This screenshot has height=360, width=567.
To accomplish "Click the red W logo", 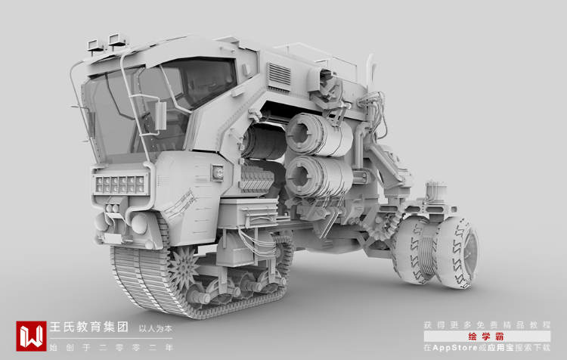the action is pos(31,336).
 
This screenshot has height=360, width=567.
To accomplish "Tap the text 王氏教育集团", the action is pos(89,327).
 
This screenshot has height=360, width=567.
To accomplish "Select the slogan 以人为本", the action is pos(156,329).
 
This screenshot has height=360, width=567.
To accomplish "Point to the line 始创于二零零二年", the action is pos(111,348).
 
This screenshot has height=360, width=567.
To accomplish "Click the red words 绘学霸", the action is pos(486,337).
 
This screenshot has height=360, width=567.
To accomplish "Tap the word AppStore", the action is pos(455,348).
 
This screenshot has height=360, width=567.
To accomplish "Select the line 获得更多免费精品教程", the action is pos(487,325).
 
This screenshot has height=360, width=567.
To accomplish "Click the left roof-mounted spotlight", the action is pos(96,45).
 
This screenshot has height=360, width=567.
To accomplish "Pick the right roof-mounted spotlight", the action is pos(118,40).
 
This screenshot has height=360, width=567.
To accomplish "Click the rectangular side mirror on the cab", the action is pos(160,116).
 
